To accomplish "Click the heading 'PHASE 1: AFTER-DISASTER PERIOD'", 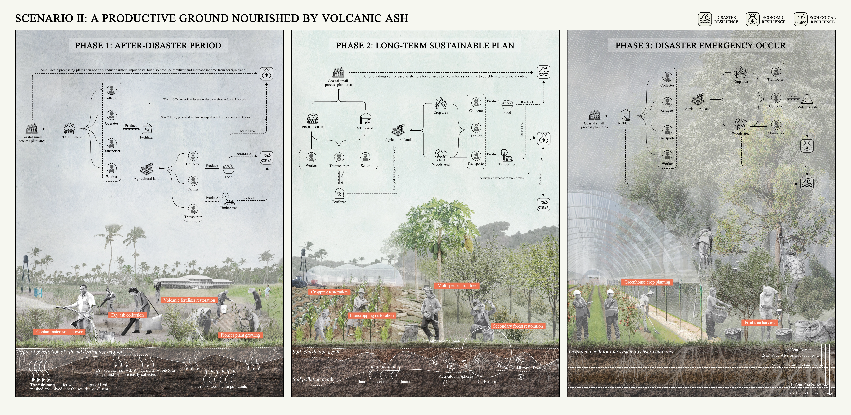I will click(x=148, y=46).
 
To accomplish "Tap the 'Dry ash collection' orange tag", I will click(x=128, y=315).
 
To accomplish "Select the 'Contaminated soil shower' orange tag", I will click(x=59, y=332).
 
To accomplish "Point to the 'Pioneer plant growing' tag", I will click(x=240, y=335).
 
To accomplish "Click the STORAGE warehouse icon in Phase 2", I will click(x=366, y=119).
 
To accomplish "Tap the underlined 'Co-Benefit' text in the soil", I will click(x=487, y=382).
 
